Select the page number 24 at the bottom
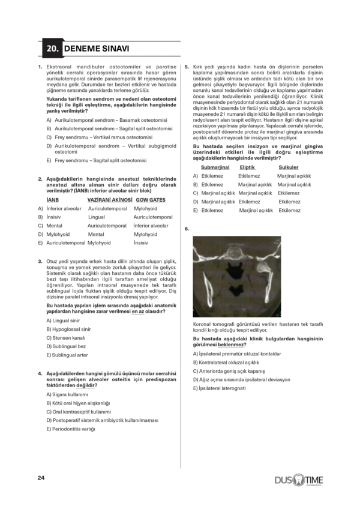pos(41,478)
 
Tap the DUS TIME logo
pos(298,480)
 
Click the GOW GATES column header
pos(151,199)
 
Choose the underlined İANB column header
pos(52,199)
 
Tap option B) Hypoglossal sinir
pos(68,329)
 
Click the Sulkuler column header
pos(289,167)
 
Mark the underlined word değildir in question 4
pos(92,385)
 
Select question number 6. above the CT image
pos(187,229)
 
